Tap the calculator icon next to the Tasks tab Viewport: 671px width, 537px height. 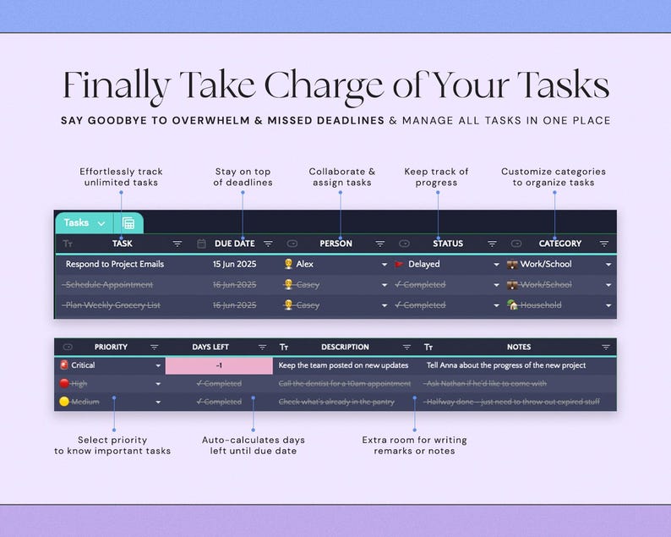(x=128, y=223)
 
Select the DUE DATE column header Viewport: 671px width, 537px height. (x=234, y=244)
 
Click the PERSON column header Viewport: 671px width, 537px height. (x=335, y=244)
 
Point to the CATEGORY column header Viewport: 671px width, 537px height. (x=559, y=244)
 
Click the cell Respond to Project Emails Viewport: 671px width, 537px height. (x=115, y=264)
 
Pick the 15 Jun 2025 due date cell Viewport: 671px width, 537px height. (x=235, y=264)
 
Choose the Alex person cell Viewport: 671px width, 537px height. (x=305, y=264)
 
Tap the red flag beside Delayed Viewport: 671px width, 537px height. (x=399, y=265)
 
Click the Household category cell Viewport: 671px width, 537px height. (x=540, y=305)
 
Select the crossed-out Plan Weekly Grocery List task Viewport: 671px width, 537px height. (x=112, y=305)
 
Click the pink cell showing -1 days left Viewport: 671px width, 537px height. (x=219, y=365)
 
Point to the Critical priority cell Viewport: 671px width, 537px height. (x=83, y=365)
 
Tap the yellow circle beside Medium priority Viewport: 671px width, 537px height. (x=63, y=402)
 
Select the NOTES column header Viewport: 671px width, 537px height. (x=519, y=347)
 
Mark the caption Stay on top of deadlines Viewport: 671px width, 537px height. (x=243, y=177)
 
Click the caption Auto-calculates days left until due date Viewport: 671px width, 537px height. (x=254, y=445)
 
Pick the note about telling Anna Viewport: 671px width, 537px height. (x=506, y=365)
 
